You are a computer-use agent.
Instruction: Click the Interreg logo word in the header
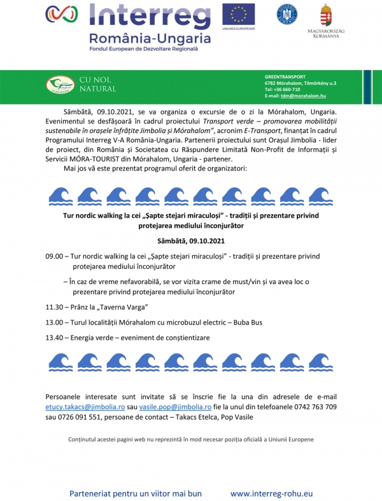(150, 15)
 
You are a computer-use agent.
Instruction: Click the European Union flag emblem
(238, 14)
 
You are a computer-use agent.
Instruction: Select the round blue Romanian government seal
(286, 14)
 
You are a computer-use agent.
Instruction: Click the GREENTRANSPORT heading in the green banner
(285, 76)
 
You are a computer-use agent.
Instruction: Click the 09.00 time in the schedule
(54, 256)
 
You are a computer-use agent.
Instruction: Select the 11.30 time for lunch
(54, 307)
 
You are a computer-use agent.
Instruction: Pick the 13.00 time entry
(54, 322)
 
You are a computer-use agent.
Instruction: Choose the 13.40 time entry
(54, 337)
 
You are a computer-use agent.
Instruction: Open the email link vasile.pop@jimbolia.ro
(176, 406)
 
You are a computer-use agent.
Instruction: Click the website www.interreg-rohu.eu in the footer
(271, 493)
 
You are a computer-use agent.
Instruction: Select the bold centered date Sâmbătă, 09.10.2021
(190, 241)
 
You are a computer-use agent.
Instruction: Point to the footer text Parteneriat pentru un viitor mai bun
(135, 493)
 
